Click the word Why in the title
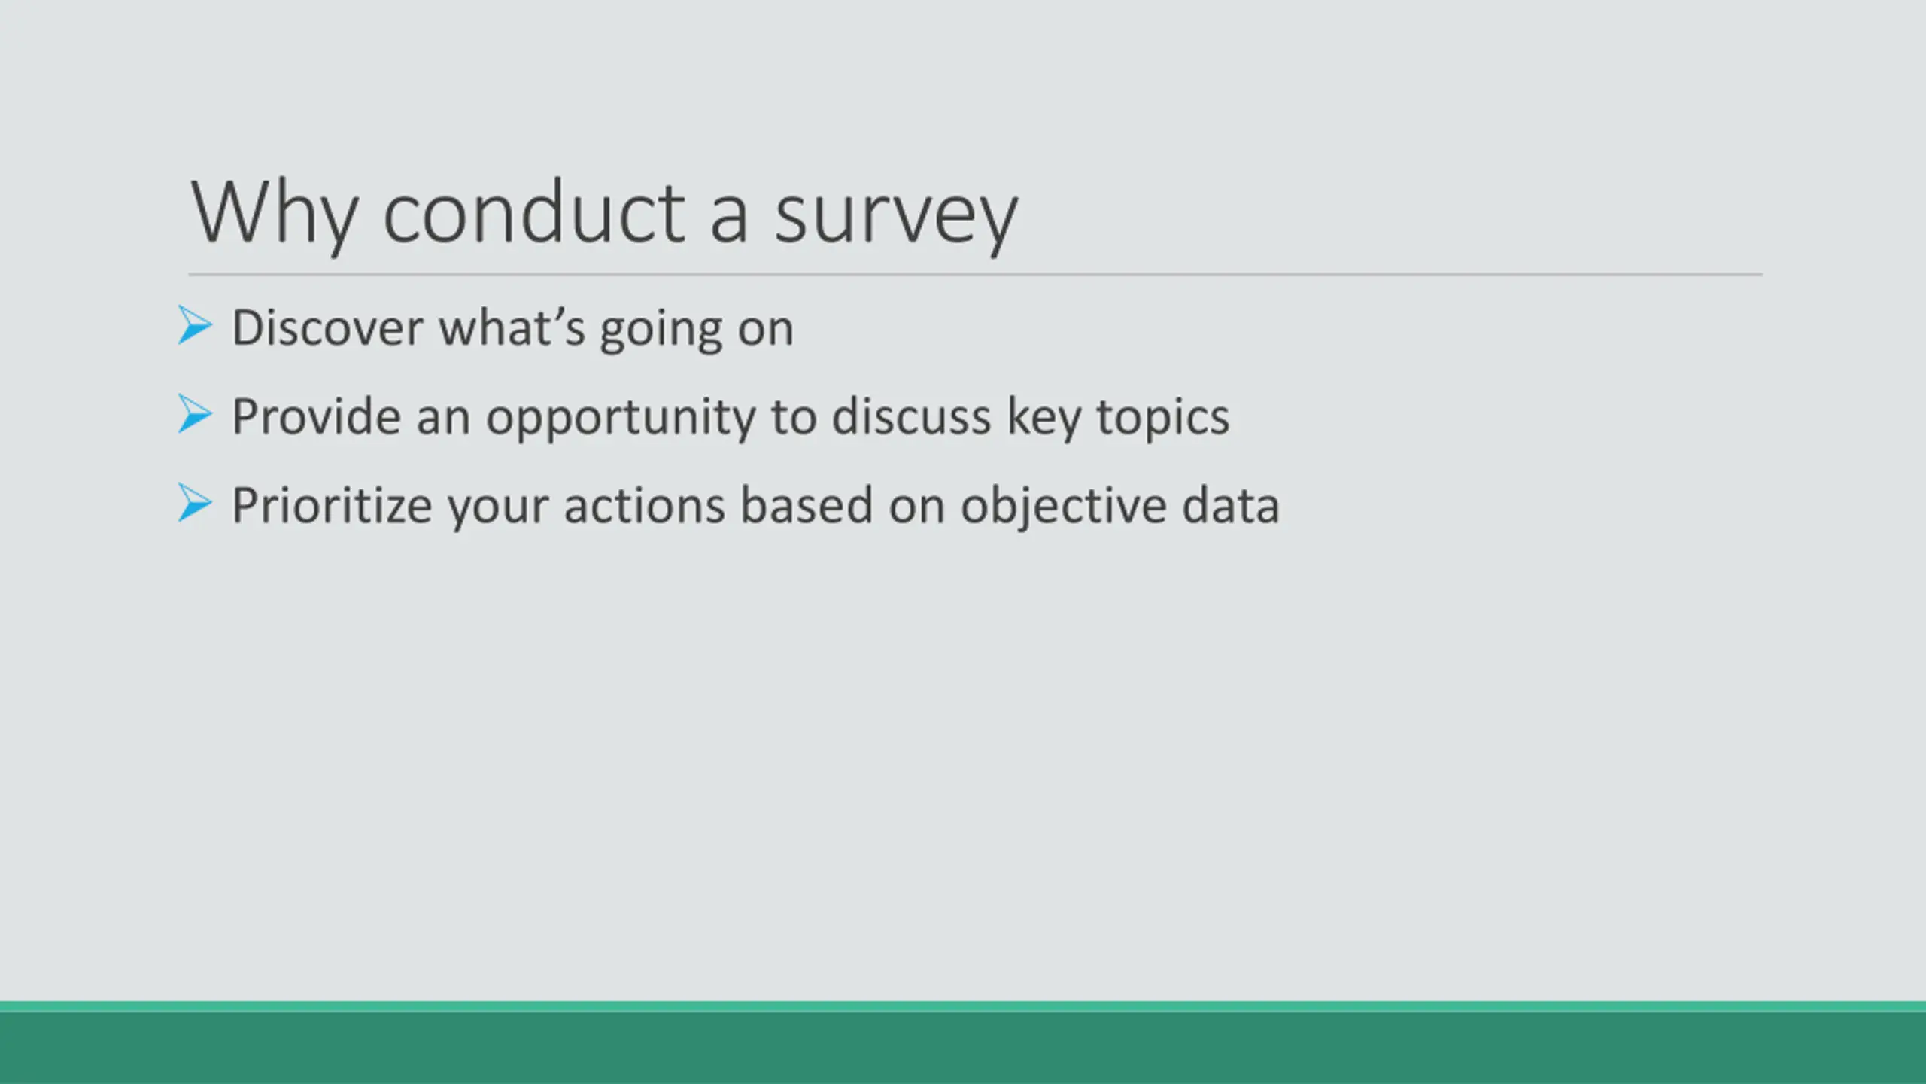click(274, 215)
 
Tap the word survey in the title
click(896, 222)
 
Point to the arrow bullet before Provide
click(196, 414)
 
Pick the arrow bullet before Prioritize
click(196, 503)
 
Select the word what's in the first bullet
click(512, 328)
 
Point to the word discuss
click(911, 416)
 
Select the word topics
click(1163, 420)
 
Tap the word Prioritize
click(332, 506)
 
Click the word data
click(1231, 505)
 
